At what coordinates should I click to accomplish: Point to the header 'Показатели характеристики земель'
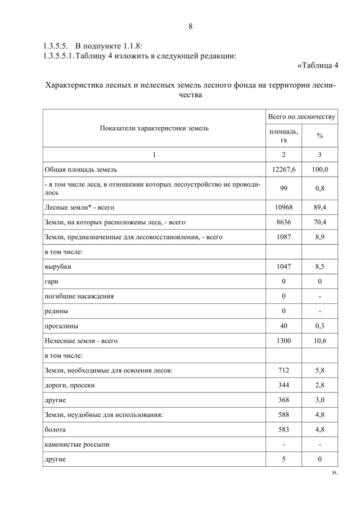click(154, 128)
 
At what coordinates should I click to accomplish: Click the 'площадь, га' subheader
click(283, 136)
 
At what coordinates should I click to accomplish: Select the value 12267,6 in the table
click(283, 169)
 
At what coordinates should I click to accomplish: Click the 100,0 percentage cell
click(319, 169)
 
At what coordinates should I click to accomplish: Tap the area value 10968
click(283, 208)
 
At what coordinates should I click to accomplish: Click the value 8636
click(283, 222)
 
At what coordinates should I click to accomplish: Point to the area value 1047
click(283, 267)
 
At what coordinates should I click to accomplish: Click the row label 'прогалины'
click(61, 326)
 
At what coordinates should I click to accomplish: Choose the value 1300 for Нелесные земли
click(283, 340)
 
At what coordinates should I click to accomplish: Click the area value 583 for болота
click(283, 430)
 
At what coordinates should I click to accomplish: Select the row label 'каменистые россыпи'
click(77, 444)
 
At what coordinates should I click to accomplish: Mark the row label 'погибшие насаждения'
click(79, 296)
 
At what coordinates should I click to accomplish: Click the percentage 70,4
click(319, 222)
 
